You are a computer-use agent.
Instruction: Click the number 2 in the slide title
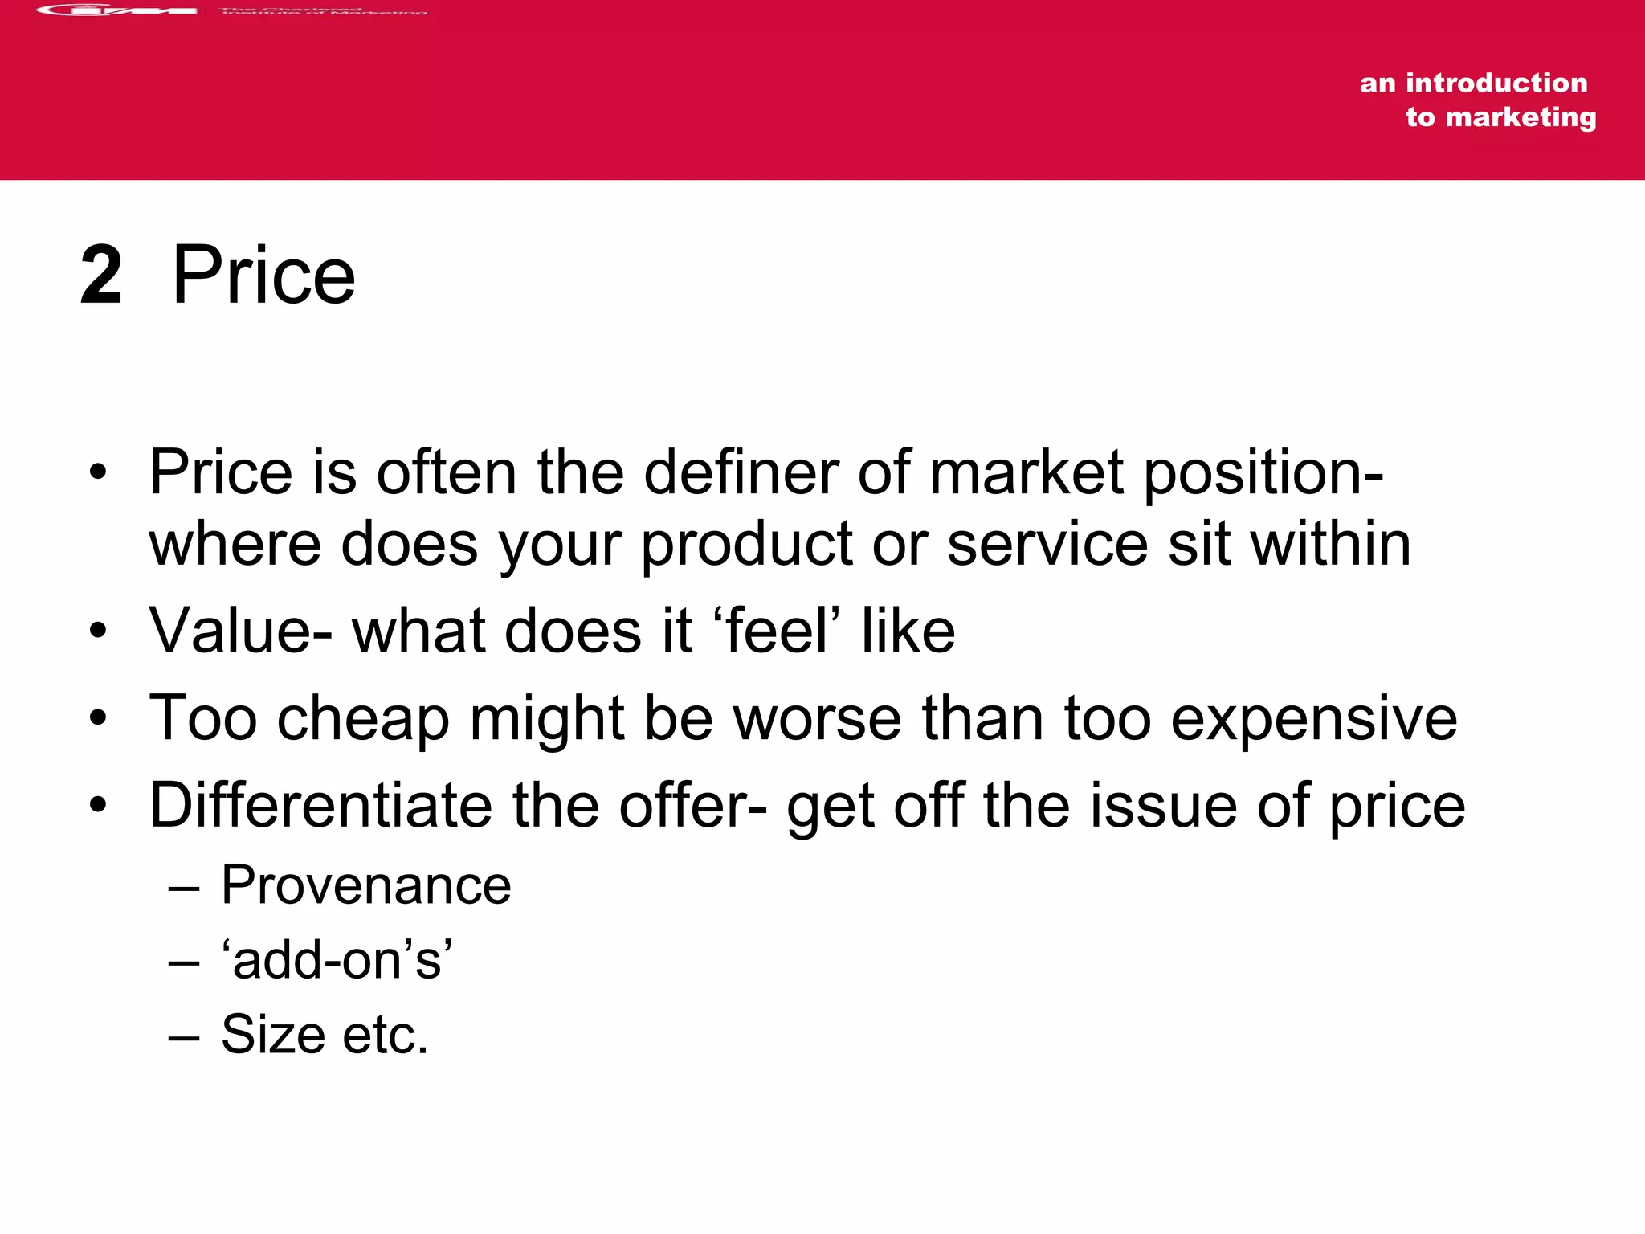[x=102, y=276]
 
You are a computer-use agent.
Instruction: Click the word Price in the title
[x=263, y=276]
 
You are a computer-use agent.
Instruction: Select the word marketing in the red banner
[x=1521, y=117]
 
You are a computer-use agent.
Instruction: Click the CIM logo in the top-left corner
[x=117, y=10]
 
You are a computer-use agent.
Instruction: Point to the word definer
[x=741, y=472]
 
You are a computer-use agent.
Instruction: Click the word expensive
[x=1313, y=719]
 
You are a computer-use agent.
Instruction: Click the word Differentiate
[x=320, y=805]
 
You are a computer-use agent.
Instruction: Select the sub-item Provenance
[x=365, y=885]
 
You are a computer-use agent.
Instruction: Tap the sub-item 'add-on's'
[x=337, y=959]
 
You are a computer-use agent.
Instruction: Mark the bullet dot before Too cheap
[x=98, y=717]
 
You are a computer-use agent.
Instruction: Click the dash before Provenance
[x=184, y=887]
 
